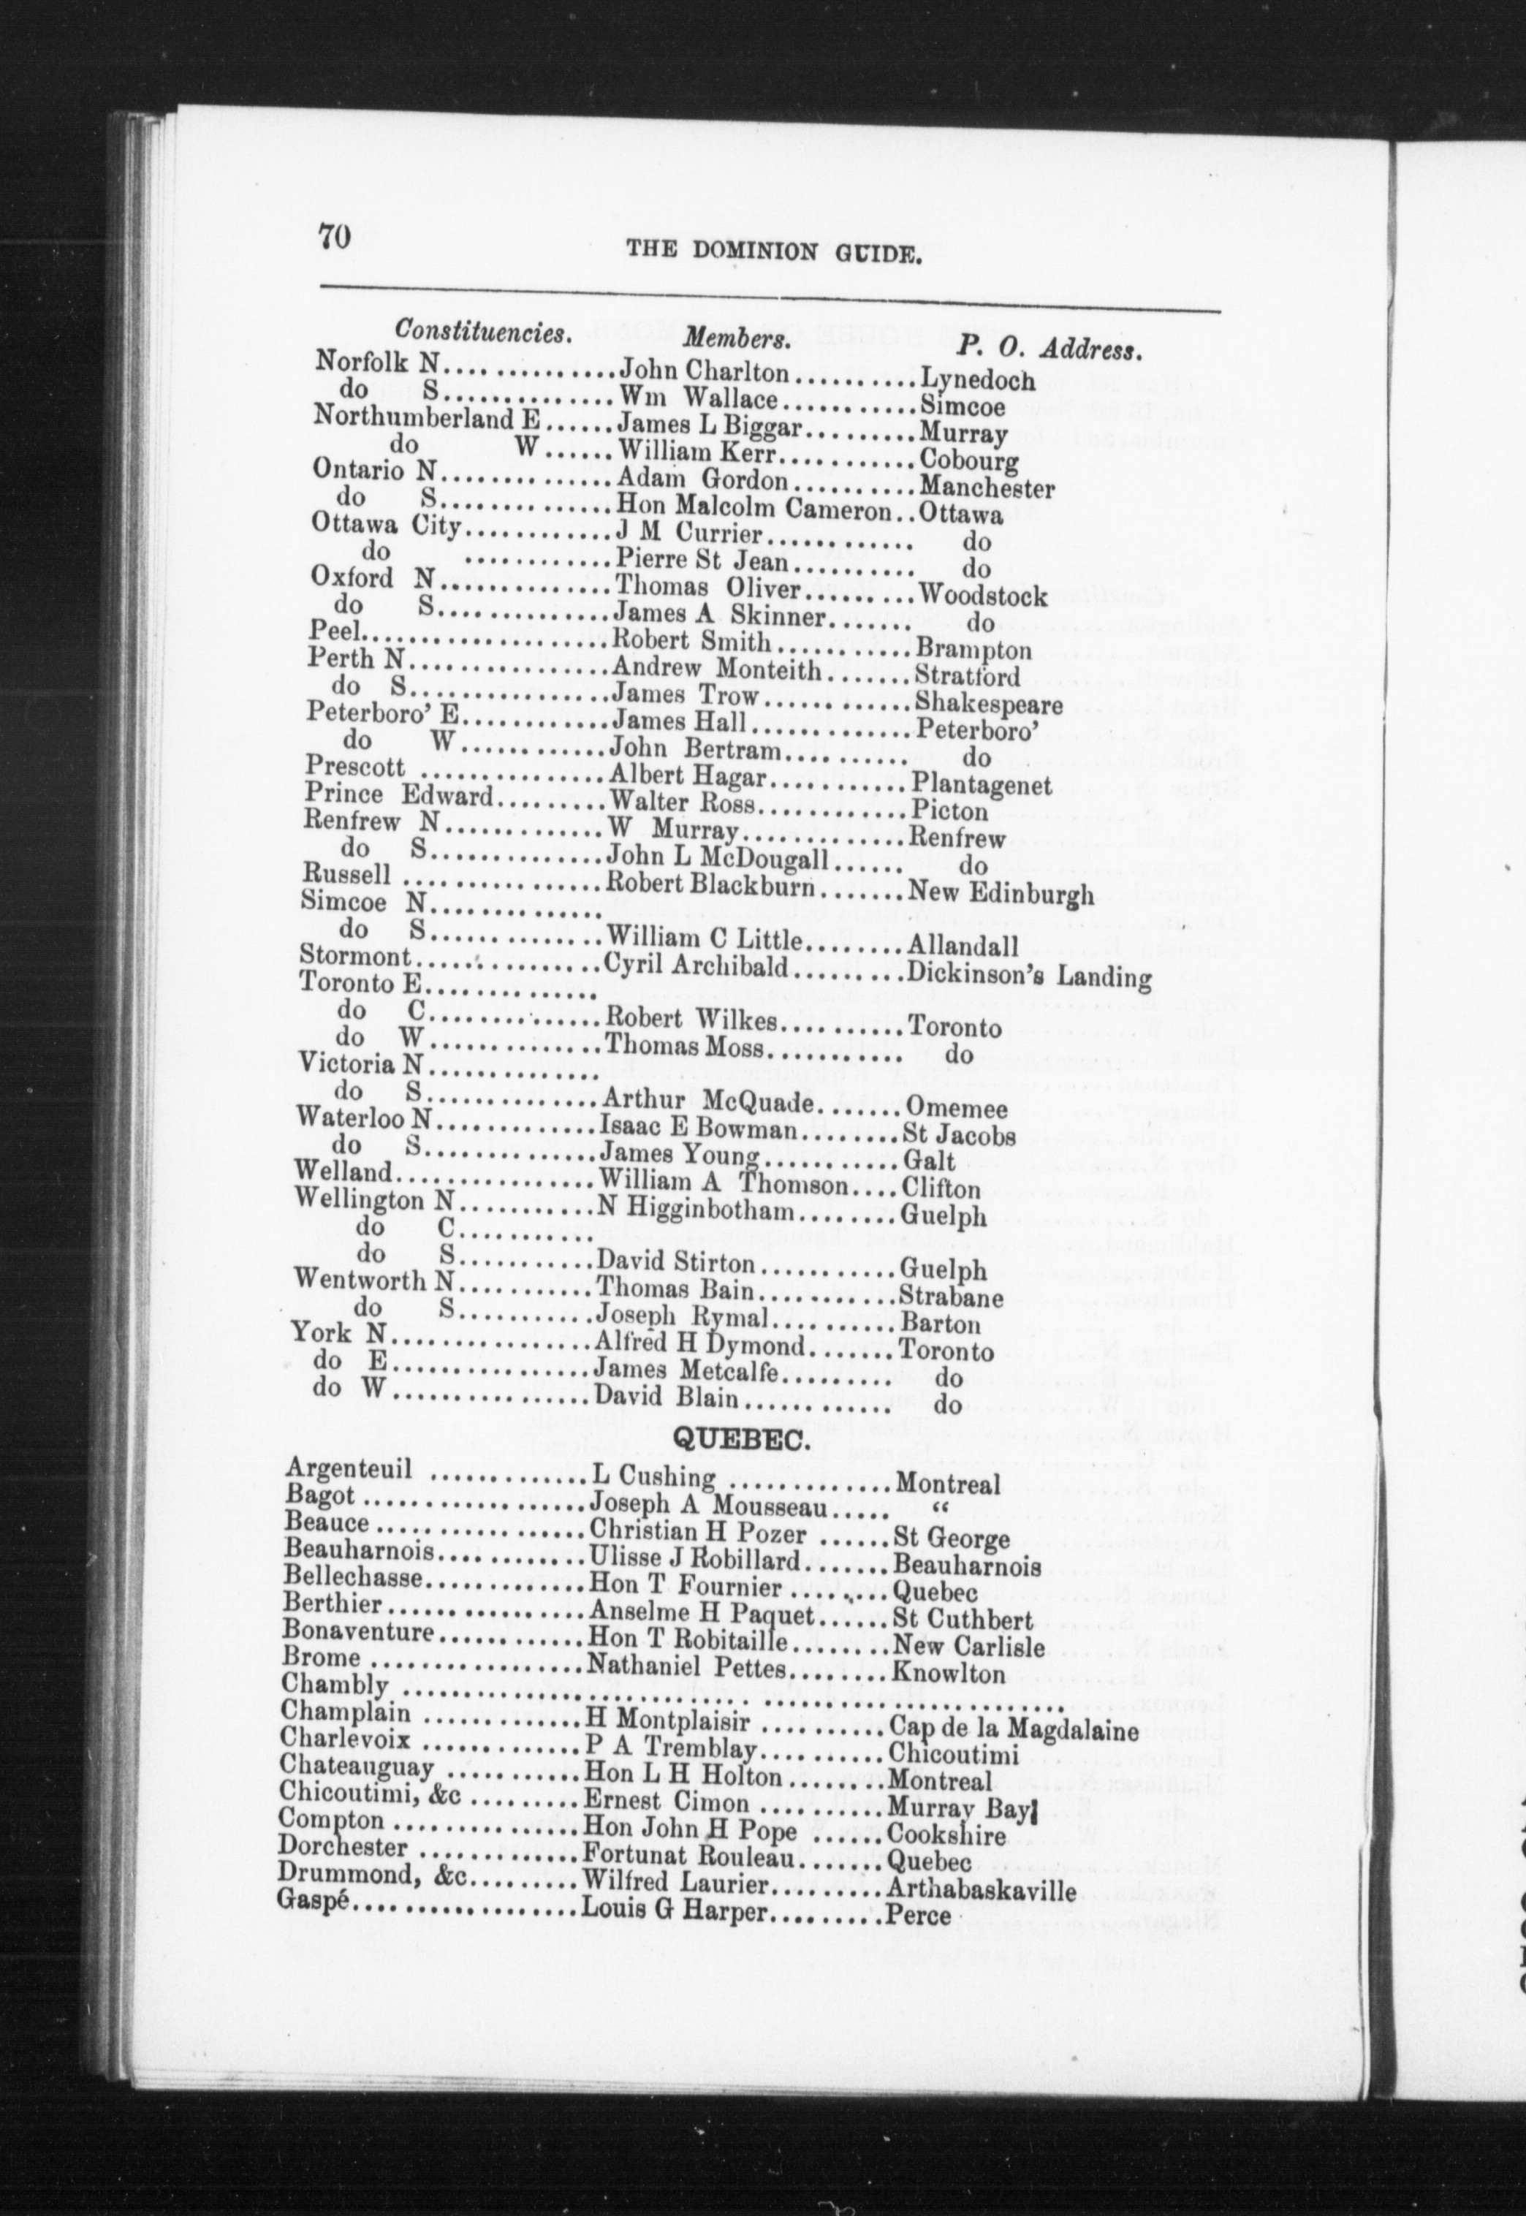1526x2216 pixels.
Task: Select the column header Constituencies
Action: click(x=484, y=332)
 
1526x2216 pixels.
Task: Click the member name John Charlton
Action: click(x=706, y=371)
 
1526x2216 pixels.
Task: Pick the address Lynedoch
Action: click(x=976, y=381)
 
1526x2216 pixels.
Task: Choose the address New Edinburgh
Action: click(x=999, y=894)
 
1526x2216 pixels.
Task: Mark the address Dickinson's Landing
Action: click(x=1027, y=977)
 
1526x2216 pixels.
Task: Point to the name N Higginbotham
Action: click(x=696, y=1213)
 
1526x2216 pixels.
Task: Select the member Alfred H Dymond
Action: click(x=700, y=1346)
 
